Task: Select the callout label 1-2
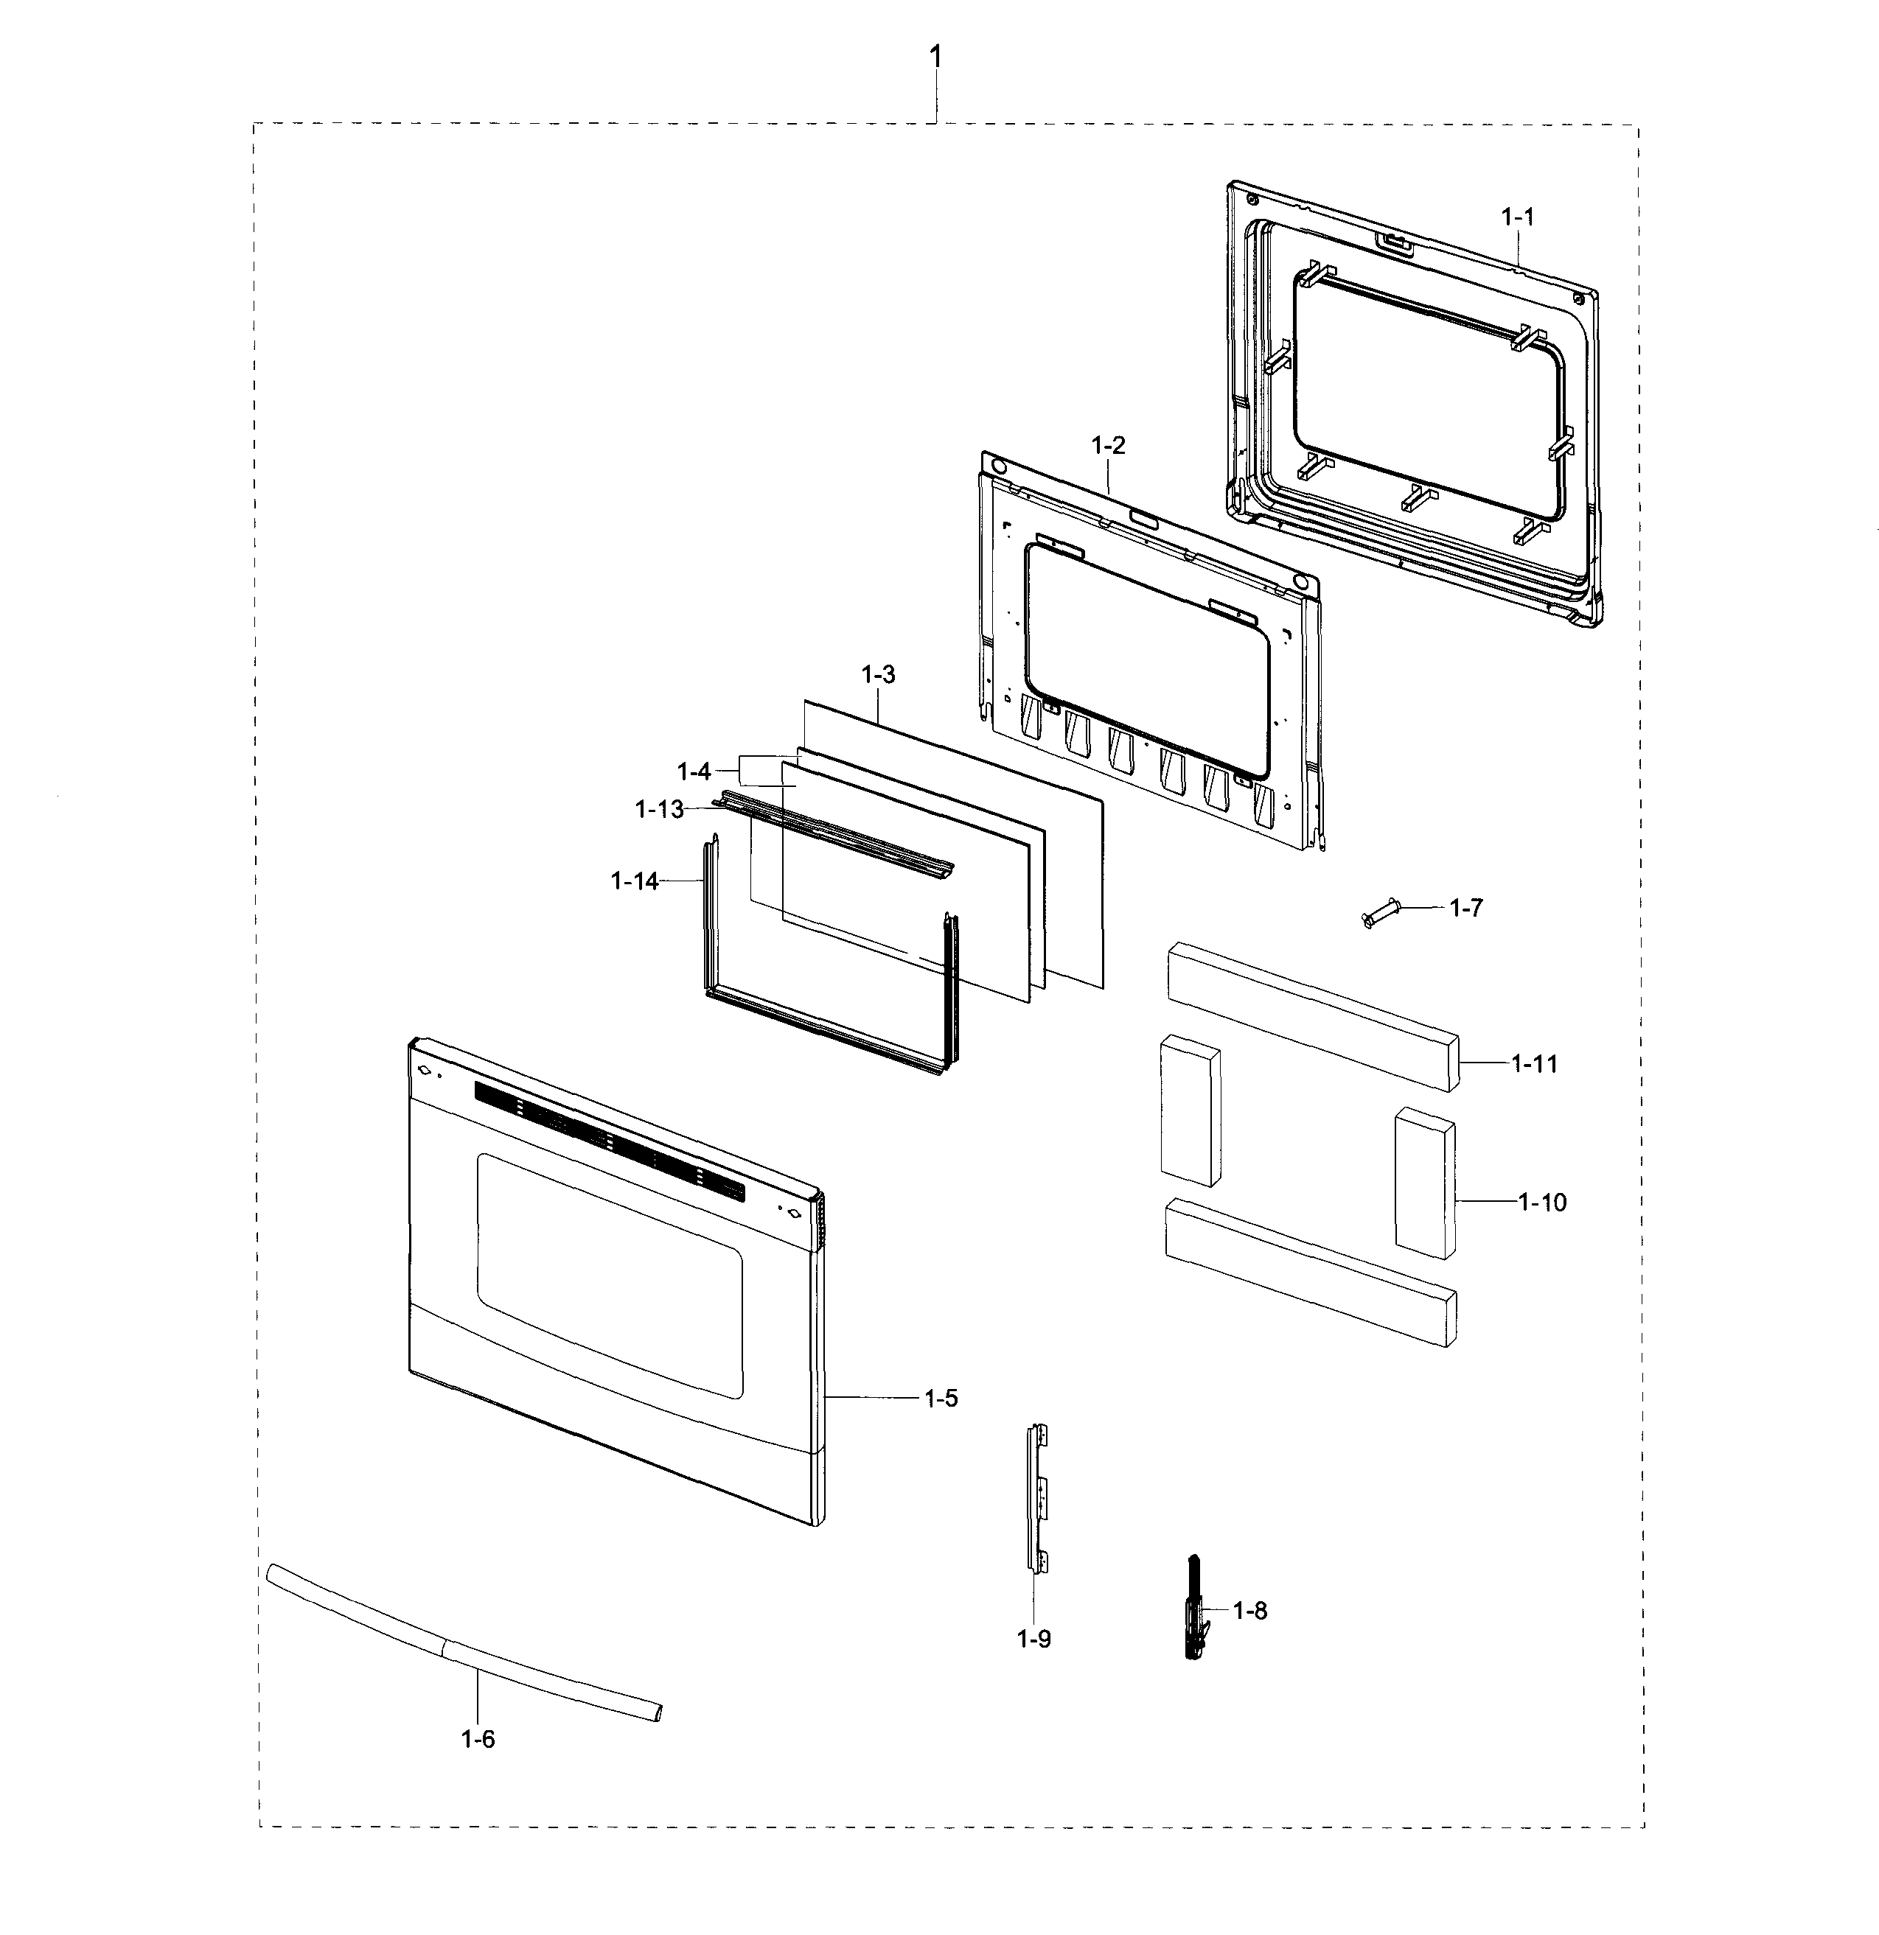[x=1108, y=445]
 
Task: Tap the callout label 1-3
[x=878, y=674]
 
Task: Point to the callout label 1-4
[x=694, y=771]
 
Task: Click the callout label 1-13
[x=658, y=810]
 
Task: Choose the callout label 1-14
[x=634, y=881]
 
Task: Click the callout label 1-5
[x=941, y=1398]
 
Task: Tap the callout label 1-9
[x=1033, y=1639]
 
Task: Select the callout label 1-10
[x=1542, y=1202]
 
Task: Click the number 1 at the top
[x=935, y=57]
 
